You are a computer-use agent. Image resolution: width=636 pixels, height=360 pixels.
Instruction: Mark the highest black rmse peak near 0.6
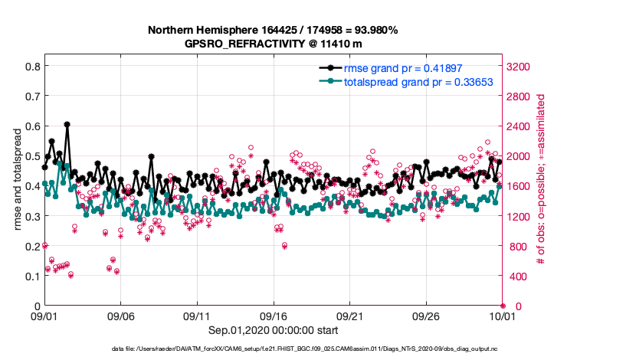tap(67, 124)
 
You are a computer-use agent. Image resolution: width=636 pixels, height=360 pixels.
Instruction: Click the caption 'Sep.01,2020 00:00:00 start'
tap(272, 330)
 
